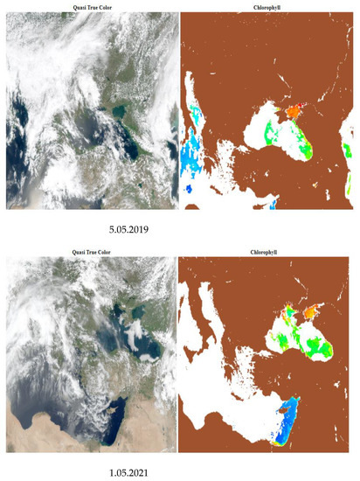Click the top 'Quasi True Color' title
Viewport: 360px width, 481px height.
[x=89, y=5]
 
